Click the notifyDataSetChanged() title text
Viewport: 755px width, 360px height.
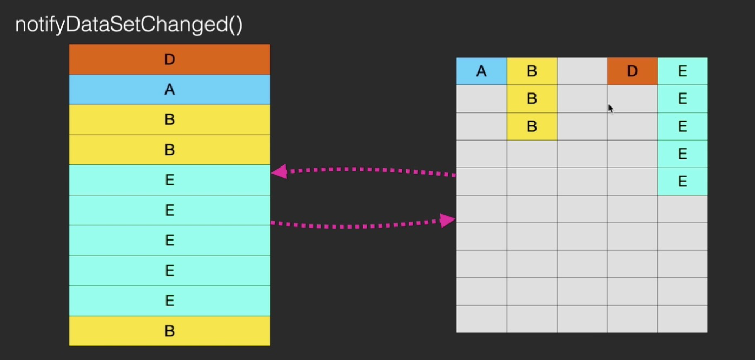[129, 25]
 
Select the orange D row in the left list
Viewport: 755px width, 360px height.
[169, 59]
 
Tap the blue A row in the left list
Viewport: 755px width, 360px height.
[169, 90]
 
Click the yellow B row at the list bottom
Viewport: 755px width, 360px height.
[169, 331]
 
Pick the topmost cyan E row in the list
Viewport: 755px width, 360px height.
[169, 180]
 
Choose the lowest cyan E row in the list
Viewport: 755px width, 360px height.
[169, 301]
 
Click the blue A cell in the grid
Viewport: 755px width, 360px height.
[481, 71]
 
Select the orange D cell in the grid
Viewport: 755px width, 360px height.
[632, 71]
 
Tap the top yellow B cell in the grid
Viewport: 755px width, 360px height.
[532, 71]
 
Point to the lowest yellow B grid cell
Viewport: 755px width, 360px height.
[532, 126]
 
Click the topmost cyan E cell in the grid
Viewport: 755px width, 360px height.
[683, 71]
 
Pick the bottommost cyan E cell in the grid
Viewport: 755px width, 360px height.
[683, 182]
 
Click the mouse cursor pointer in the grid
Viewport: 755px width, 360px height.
[610, 108]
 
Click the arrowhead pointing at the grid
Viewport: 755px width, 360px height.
[448, 220]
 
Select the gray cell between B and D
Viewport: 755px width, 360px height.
[582, 71]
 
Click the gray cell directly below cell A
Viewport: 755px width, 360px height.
[481, 99]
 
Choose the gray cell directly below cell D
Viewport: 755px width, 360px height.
[632, 99]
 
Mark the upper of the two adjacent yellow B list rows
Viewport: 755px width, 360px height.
[169, 119]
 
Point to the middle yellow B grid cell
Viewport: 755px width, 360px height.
[532, 99]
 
